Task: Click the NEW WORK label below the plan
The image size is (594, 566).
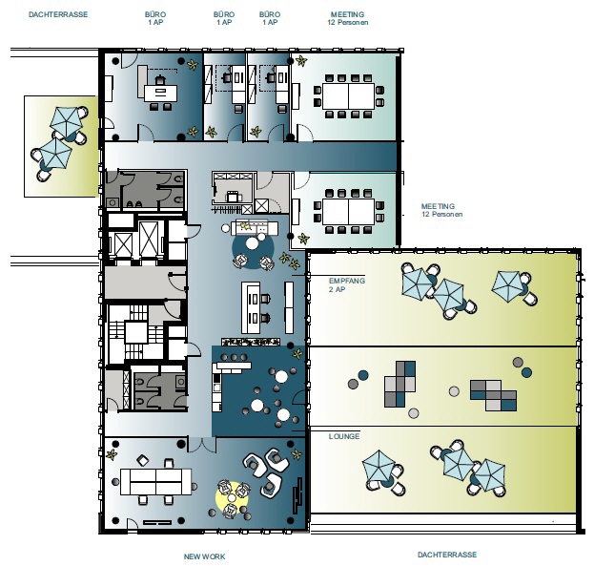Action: (x=205, y=556)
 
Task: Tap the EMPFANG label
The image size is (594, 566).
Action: (x=347, y=281)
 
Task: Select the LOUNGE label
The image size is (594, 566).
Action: (x=344, y=436)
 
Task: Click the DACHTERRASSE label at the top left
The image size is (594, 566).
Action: (x=58, y=14)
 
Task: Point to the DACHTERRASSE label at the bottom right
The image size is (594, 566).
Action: (x=447, y=555)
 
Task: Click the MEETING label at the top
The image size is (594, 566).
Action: (x=347, y=14)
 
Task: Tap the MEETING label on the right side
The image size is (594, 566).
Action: (x=438, y=206)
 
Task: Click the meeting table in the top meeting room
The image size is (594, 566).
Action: (x=348, y=96)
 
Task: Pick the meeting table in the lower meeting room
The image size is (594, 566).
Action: (x=348, y=211)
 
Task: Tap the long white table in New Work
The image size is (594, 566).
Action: (x=155, y=481)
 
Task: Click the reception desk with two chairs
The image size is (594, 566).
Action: (x=251, y=307)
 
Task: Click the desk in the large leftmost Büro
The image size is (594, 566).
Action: (x=160, y=94)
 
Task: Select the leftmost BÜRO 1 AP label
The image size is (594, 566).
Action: (x=155, y=18)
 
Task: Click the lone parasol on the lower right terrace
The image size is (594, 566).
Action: (x=379, y=470)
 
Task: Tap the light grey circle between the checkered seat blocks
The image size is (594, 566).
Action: (x=454, y=391)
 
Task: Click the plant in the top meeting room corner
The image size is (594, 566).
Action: (x=301, y=61)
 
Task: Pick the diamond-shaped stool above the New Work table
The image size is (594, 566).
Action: (x=142, y=460)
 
